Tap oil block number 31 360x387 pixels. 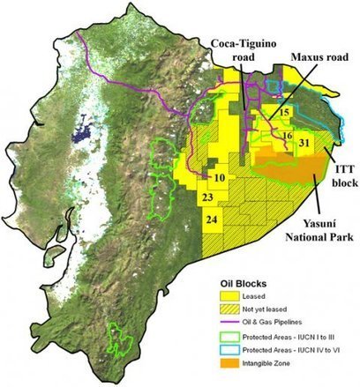click(304, 142)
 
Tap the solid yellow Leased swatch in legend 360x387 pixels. click(229, 297)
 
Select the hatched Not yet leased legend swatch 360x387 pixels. click(229, 311)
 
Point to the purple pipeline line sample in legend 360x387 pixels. click(229, 324)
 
